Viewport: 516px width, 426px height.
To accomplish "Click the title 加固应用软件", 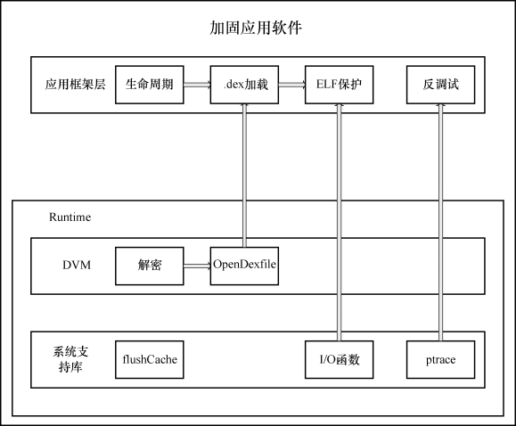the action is (x=256, y=28).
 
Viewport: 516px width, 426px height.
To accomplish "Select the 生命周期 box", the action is (x=150, y=85).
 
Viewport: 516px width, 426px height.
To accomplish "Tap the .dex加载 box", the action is (x=244, y=85).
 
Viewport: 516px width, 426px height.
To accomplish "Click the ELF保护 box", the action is (x=340, y=85).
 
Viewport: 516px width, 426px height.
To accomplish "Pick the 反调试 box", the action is (x=440, y=85).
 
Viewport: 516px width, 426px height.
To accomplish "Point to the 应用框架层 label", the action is (x=76, y=85).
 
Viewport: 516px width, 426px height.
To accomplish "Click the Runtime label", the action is (x=70, y=217).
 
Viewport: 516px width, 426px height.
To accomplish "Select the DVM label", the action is (x=77, y=265).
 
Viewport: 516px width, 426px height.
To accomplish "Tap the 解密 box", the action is (x=150, y=266).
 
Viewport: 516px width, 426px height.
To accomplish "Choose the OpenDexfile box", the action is (x=244, y=266).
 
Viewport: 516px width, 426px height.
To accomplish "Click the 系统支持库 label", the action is (x=70, y=359).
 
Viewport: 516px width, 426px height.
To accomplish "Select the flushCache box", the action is (x=150, y=359).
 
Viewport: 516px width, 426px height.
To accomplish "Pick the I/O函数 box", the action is (x=340, y=359).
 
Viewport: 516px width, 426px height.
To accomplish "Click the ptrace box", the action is (x=440, y=359).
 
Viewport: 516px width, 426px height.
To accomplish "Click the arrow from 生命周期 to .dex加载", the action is (x=197, y=85).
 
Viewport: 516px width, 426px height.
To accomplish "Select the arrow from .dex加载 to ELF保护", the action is (x=292, y=85).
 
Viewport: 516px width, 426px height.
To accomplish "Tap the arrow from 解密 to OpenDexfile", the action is (x=197, y=266).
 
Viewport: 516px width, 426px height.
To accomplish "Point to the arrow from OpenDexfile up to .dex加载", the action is (x=244, y=176).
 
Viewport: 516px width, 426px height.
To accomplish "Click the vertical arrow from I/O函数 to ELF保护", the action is (x=340, y=222).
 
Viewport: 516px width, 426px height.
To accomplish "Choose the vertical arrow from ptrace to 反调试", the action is (x=440, y=222).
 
